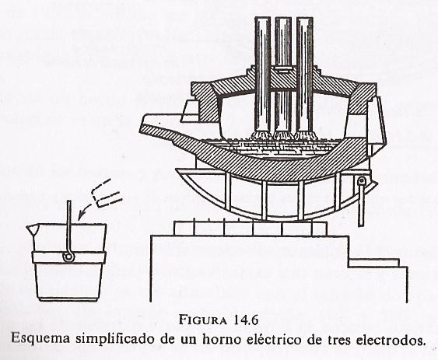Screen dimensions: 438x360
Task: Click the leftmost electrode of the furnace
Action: [x=263, y=75]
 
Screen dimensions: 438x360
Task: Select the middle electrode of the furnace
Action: [x=282, y=75]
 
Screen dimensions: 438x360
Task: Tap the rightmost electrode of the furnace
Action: [x=305, y=75]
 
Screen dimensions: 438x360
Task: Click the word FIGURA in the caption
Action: [x=202, y=320]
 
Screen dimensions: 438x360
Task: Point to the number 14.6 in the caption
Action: [x=244, y=320]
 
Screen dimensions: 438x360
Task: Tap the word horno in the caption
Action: [x=221, y=339]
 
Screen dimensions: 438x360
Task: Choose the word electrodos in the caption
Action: [x=391, y=340]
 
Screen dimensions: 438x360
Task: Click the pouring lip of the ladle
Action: [x=30, y=229]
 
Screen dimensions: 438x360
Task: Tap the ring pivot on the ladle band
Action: [x=68, y=257]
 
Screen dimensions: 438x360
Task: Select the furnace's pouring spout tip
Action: [x=142, y=122]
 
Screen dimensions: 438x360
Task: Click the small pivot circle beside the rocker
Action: [x=361, y=182]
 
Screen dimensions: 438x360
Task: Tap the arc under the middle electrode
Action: [x=282, y=135]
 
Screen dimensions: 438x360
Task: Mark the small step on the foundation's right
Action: [x=374, y=263]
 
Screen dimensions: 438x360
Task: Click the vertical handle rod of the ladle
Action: [x=68, y=226]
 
